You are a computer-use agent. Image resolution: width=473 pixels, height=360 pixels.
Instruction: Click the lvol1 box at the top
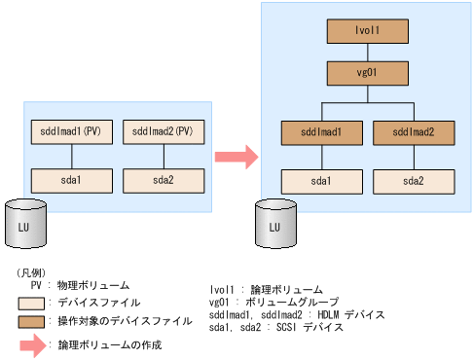[367, 30]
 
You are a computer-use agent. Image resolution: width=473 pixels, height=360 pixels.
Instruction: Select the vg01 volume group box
[367, 74]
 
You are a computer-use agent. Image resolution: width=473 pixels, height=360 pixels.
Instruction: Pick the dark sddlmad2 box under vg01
[414, 131]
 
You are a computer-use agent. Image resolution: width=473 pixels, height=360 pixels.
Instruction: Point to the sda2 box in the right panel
[414, 181]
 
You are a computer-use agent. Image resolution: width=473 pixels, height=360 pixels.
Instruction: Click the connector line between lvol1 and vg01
[367, 52]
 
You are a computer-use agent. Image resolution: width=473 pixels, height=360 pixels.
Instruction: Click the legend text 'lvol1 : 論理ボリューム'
[267, 290]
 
